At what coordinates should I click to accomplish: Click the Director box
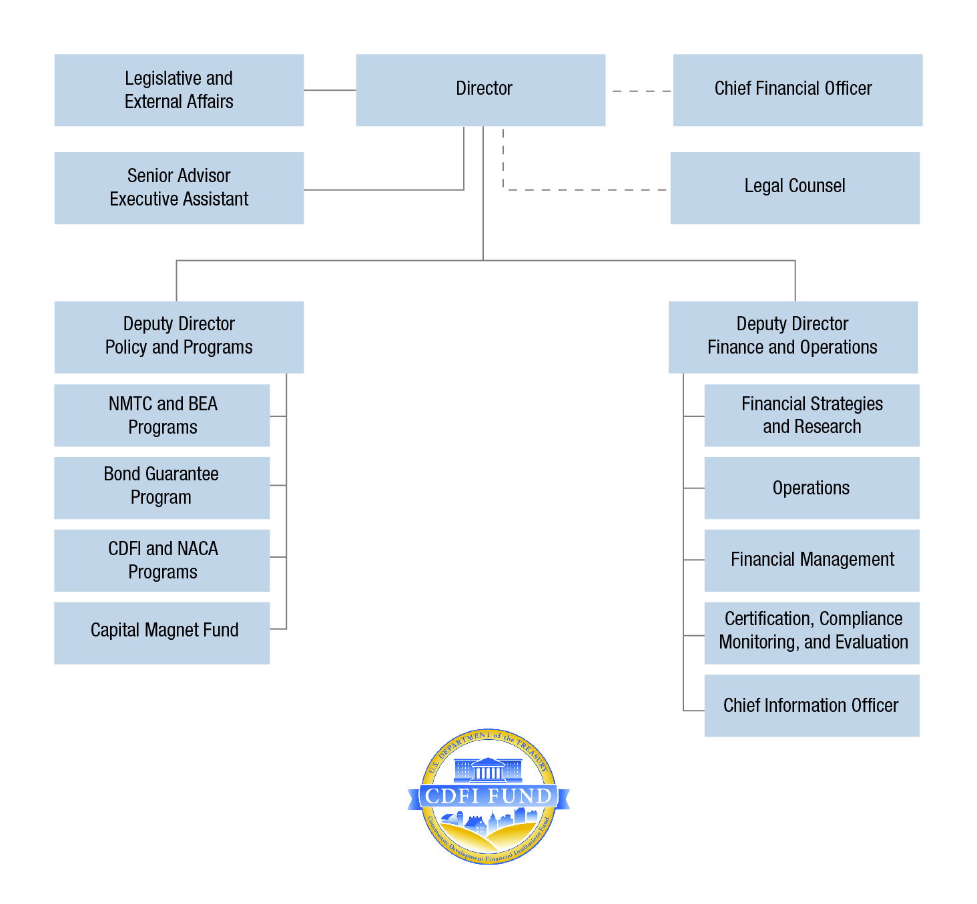(480, 90)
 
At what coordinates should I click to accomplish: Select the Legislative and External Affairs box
(179, 90)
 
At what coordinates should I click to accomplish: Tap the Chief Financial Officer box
(797, 90)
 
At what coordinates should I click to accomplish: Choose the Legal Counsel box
(795, 188)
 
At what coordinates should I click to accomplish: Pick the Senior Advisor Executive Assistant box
(179, 188)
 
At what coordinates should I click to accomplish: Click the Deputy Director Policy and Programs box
(179, 337)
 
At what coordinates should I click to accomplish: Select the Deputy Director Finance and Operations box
(793, 337)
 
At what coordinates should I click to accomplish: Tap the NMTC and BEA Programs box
(162, 415)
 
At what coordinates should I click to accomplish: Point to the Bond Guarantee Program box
(162, 488)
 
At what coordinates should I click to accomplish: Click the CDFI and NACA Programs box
(162, 560)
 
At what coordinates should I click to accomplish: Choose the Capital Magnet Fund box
(162, 632)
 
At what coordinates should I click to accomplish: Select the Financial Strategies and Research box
(811, 415)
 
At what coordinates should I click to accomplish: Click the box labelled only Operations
(811, 488)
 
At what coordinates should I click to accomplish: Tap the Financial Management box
(811, 560)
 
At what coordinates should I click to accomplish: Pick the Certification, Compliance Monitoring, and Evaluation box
(811, 632)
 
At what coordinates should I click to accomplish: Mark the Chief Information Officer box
(811, 705)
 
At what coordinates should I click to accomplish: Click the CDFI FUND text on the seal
(488, 796)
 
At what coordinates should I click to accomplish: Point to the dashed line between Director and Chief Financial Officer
(641, 91)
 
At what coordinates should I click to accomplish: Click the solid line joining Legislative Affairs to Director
(330, 90)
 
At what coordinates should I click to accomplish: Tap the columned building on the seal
(488, 770)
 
